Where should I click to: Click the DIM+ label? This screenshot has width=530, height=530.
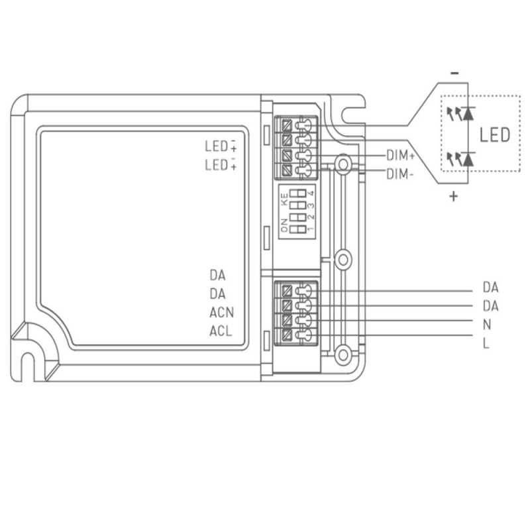click(400, 156)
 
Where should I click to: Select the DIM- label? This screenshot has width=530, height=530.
click(399, 174)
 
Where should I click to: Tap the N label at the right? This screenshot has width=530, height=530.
click(487, 325)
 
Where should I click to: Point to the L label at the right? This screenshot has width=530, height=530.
click(486, 344)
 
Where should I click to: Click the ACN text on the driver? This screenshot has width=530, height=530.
click(221, 313)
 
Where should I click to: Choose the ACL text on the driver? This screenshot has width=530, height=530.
click(221, 331)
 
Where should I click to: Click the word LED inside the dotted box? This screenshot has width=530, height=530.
click(496, 135)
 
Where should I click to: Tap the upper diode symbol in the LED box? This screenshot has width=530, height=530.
click(468, 113)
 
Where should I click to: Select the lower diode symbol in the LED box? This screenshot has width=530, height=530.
click(468, 158)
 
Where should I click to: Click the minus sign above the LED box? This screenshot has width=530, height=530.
click(453, 73)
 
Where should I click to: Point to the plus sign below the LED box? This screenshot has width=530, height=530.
click(454, 197)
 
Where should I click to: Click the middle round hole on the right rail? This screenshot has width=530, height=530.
click(343, 259)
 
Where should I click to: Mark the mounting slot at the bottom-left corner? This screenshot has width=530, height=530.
click(28, 365)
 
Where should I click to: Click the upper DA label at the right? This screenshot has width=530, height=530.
click(490, 288)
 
